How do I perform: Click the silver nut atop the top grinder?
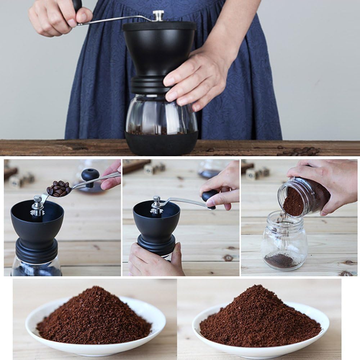158,15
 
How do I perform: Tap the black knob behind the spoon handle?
90,175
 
